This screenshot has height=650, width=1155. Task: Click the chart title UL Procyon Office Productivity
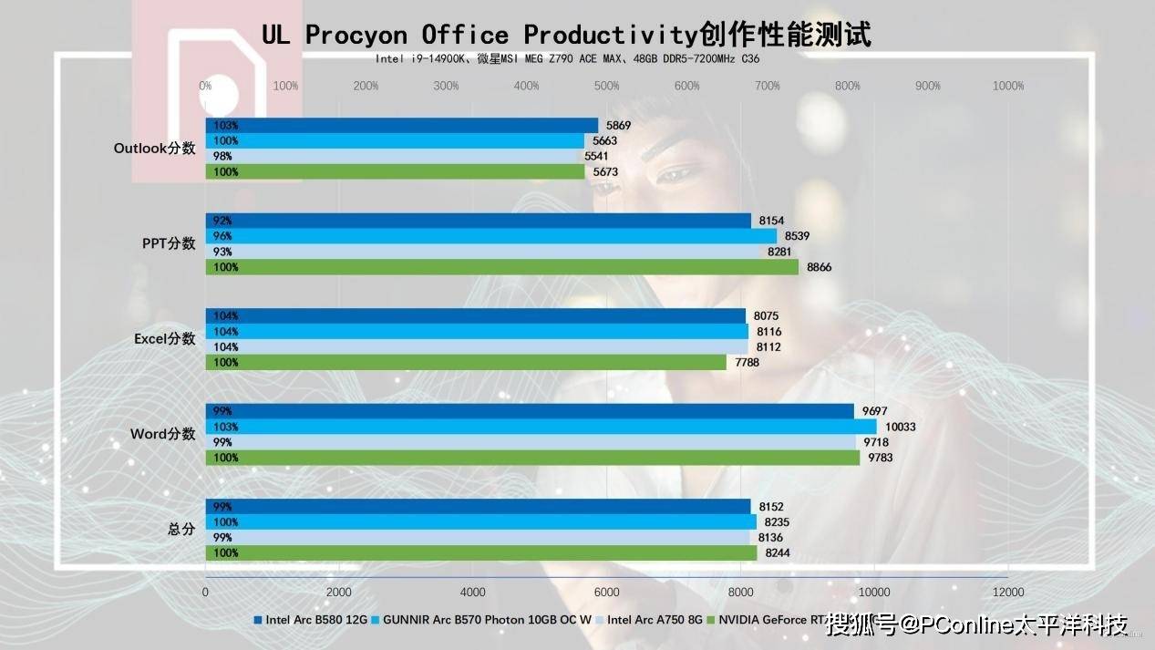pos(565,35)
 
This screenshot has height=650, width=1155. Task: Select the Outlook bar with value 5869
pos(401,125)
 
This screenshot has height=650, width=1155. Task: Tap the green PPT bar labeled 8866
pos(501,267)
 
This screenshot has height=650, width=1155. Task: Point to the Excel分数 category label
pos(164,339)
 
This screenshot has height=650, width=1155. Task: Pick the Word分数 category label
pos(162,434)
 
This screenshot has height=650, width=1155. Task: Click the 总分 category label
pos(181,529)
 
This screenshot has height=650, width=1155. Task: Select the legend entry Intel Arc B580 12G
pos(315,620)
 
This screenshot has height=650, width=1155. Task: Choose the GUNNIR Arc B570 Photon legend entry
pos(487,620)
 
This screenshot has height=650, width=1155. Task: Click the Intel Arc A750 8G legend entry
pos(655,620)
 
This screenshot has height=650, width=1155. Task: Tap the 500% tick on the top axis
pos(606,86)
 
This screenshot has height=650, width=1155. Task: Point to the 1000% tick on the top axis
pos(1007,86)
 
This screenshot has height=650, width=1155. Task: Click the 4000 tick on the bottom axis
pos(472,591)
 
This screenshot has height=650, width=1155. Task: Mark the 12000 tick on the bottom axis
pos(1007,591)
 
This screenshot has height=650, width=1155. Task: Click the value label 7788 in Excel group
pos(747,362)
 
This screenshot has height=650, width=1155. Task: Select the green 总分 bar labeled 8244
pos(480,552)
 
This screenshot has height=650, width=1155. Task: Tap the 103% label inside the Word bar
pos(226,427)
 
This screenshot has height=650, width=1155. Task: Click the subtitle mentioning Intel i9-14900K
pos(567,59)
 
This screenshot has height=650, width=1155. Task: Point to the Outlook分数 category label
pos(154,149)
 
